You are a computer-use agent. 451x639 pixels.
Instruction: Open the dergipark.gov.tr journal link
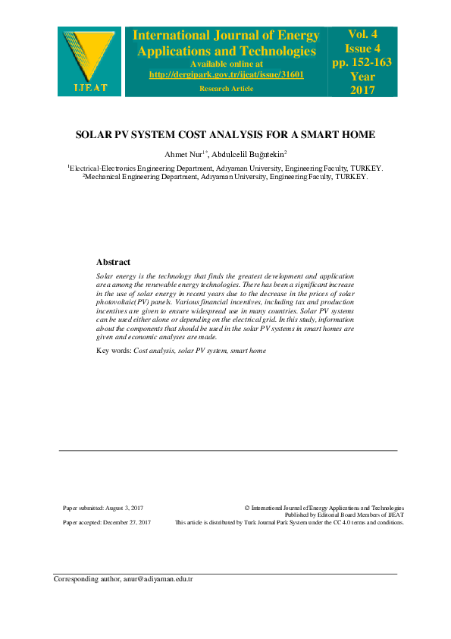[227, 74]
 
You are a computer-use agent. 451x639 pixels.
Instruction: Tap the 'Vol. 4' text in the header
[362, 34]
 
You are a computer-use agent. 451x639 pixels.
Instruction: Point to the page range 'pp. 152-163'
[362, 62]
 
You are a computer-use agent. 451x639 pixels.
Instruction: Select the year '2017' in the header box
[362, 90]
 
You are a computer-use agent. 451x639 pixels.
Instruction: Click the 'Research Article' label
[227, 89]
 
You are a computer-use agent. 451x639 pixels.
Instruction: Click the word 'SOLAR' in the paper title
[96, 135]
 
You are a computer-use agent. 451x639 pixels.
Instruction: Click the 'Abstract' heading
[113, 262]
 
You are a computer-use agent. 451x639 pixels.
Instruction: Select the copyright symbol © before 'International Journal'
[248, 507]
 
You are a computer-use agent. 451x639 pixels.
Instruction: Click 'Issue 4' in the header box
[362, 48]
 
